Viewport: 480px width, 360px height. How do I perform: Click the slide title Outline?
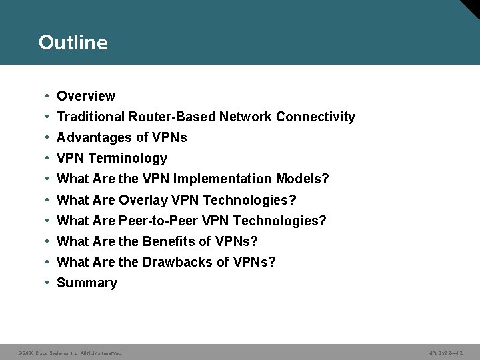click(x=73, y=43)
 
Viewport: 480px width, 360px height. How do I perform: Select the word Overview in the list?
click(x=86, y=96)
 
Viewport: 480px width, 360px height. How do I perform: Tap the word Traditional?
click(x=89, y=117)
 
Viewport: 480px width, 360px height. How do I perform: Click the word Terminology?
click(x=127, y=158)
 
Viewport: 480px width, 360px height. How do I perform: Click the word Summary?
click(x=87, y=283)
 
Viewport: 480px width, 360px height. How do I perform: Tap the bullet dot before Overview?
click(x=47, y=96)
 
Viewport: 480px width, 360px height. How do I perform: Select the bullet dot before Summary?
click(x=47, y=283)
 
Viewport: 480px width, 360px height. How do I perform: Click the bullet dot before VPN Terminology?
click(x=47, y=158)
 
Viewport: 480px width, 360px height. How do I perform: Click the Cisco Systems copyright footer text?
click(x=70, y=353)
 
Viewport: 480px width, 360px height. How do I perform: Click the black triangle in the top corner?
click(x=472, y=7)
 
